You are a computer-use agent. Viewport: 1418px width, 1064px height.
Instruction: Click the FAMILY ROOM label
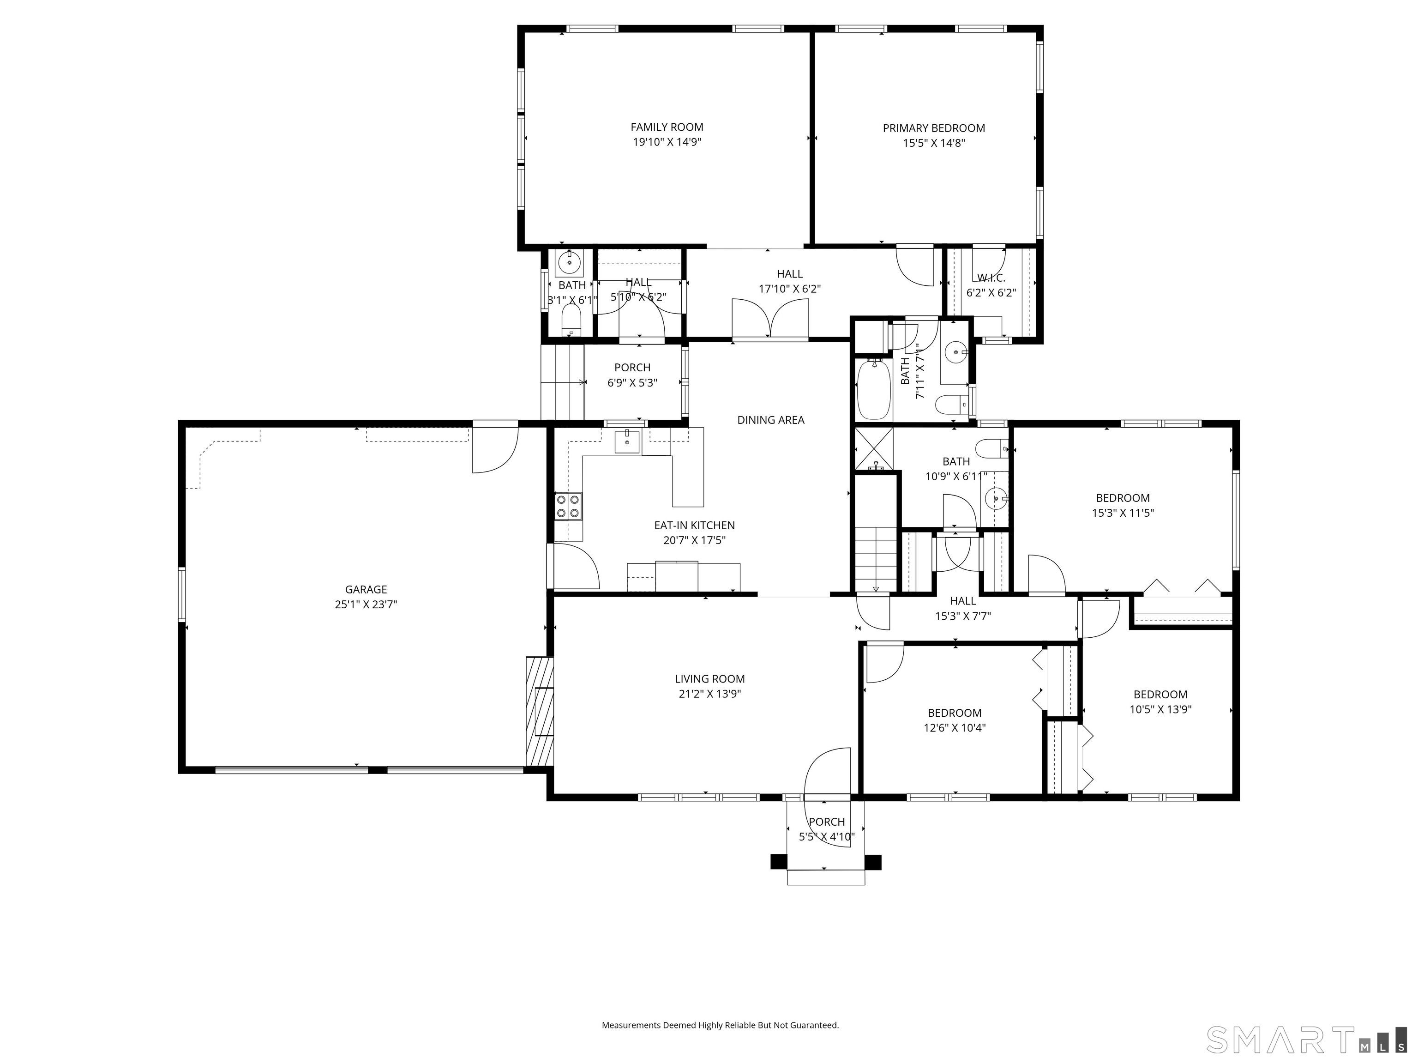(x=667, y=127)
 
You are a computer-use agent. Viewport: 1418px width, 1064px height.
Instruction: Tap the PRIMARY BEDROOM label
(x=933, y=128)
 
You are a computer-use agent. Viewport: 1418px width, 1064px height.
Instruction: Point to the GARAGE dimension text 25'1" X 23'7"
(x=366, y=604)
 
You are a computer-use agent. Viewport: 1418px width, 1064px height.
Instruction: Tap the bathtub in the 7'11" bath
(x=874, y=389)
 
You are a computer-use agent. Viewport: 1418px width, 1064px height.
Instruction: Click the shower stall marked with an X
(x=874, y=448)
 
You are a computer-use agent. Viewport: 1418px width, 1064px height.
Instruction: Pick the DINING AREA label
(x=770, y=420)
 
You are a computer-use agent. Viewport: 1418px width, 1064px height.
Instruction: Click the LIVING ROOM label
(x=709, y=678)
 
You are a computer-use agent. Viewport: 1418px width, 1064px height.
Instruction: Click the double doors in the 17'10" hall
(x=770, y=318)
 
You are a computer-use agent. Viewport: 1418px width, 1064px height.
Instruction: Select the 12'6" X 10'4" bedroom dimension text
(x=955, y=728)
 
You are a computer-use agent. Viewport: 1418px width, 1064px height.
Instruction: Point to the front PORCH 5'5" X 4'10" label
(x=827, y=829)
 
